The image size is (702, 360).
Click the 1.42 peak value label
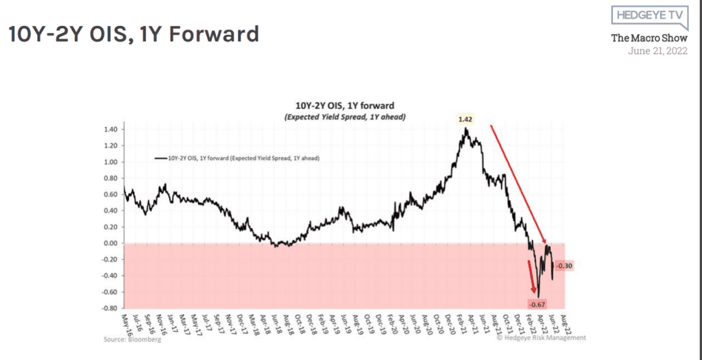(466, 119)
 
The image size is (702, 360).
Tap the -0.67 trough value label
(537, 303)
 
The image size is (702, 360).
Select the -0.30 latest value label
(563, 265)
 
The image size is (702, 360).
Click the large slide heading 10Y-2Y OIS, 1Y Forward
(134, 34)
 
